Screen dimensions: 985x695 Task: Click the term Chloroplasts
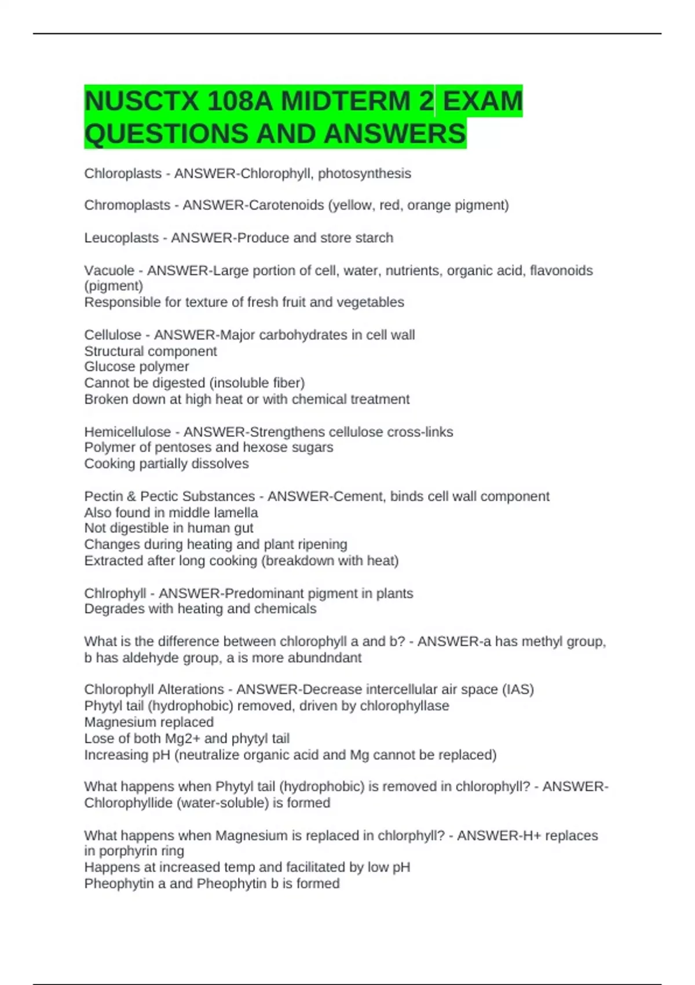coord(123,173)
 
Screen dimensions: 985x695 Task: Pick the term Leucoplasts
coord(121,238)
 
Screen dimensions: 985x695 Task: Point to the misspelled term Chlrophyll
coord(115,593)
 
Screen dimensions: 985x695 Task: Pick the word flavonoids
coord(561,271)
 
